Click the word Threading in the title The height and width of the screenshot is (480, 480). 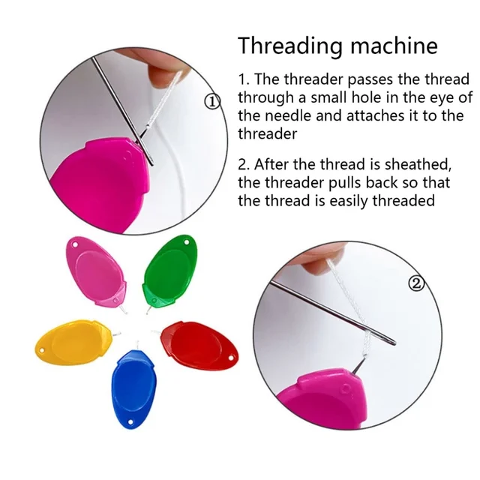pyautogui.click(x=289, y=46)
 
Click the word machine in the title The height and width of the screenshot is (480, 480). pyautogui.click(x=394, y=45)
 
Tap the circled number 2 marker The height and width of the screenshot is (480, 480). pyautogui.click(x=416, y=284)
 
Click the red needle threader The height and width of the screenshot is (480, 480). pyautogui.click(x=199, y=345)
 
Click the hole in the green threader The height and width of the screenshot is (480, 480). pyautogui.click(x=187, y=242)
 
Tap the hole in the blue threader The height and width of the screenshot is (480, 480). pyautogui.click(x=130, y=422)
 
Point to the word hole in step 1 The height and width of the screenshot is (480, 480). pyautogui.click(x=365, y=97)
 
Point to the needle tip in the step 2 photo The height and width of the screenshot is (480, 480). pyautogui.click(x=394, y=343)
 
